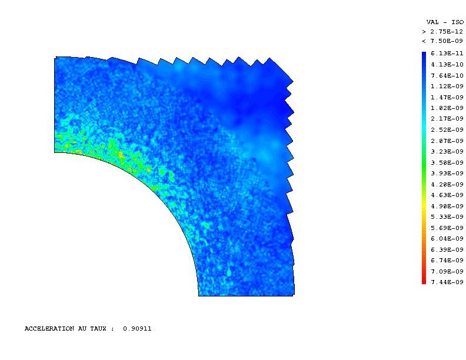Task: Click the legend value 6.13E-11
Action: [447, 54]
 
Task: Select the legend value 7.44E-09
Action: [447, 282]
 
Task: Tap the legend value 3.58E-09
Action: [447, 162]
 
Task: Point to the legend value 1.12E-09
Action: [447, 86]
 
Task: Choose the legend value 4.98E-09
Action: [447, 206]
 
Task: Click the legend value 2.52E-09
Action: [447, 130]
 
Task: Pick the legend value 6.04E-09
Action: [447, 238]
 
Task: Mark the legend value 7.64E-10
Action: [447, 75]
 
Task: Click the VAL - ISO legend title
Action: [445, 22]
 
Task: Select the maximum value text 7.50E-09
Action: [447, 41]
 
